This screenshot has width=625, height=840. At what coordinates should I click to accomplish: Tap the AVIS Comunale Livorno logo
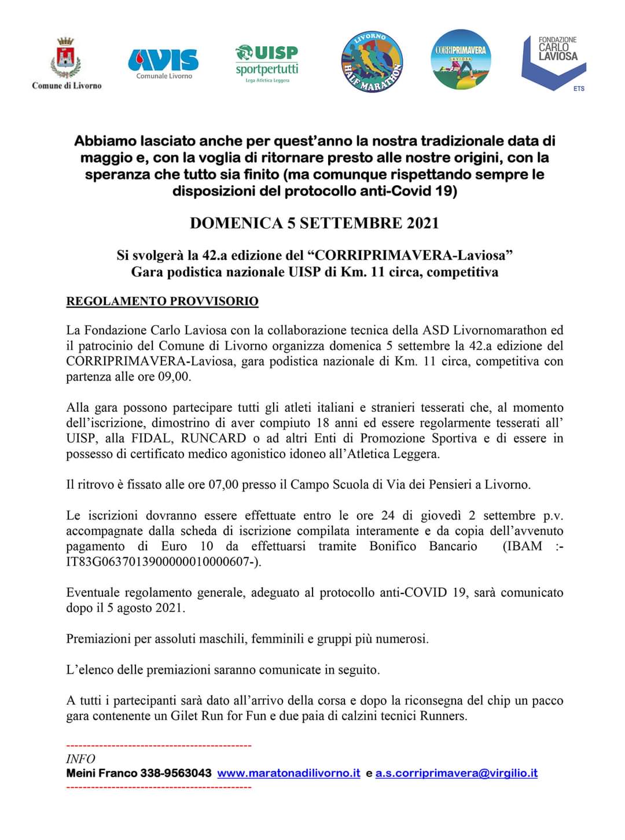(x=163, y=62)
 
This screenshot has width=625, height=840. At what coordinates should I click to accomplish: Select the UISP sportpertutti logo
(x=267, y=62)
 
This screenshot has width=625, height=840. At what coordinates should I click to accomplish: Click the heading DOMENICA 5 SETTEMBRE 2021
(x=314, y=223)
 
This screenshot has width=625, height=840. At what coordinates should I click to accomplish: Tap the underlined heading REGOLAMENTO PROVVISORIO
(x=162, y=301)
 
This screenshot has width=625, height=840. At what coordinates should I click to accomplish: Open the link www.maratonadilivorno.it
(x=289, y=773)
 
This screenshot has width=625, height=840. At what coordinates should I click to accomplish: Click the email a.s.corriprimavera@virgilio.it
(x=457, y=773)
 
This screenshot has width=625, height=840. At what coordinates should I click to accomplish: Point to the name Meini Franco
(x=102, y=773)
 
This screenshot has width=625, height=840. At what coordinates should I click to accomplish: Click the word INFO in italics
(x=80, y=758)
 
